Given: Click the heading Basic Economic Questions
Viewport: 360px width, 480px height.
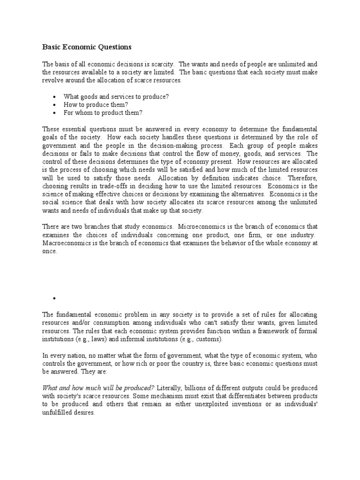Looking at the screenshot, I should coord(87,47).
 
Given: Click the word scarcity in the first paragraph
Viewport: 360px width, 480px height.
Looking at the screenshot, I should coord(161,64).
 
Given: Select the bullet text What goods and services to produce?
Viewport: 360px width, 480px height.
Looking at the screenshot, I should coord(116,96).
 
